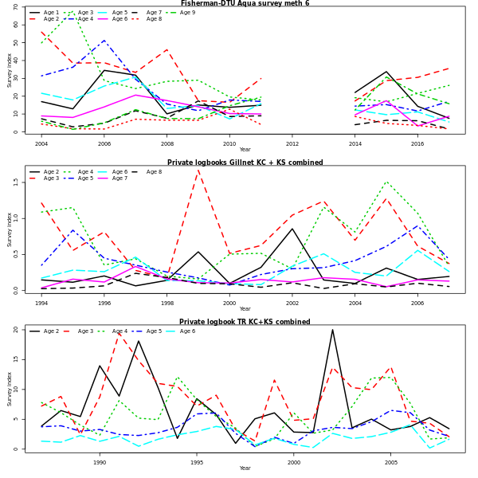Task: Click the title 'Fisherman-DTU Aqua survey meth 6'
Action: click(x=245, y=3)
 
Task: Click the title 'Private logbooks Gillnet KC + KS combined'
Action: click(x=245, y=163)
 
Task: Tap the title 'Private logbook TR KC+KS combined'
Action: click(x=245, y=322)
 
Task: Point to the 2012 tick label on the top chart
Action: click(x=292, y=144)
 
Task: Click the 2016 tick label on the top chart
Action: click(x=417, y=144)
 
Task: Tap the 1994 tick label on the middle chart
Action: click(x=41, y=304)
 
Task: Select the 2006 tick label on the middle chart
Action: click(x=417, y=304)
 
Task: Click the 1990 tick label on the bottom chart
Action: click(x=100, y=462)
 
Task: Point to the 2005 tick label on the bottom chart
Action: click(x=391, y=462)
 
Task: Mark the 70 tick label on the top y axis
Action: click(x=16, y=7)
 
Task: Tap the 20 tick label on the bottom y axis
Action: click(x=16, y=329)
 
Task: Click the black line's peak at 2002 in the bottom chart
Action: click(x=333, y=330)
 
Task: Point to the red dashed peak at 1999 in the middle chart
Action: click(x=198, y=169)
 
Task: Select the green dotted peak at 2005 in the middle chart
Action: click(x=387, y=182)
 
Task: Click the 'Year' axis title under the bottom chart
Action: click(x=245, y=468)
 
